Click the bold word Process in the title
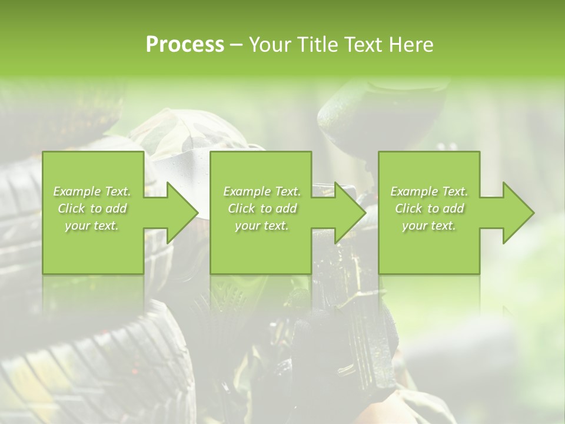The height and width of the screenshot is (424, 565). point(185,44)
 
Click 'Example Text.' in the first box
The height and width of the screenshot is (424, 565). point(92,191)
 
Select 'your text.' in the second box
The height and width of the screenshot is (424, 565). point(261,226)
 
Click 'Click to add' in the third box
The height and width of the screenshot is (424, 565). point(430,208)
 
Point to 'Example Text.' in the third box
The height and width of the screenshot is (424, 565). point(429,191)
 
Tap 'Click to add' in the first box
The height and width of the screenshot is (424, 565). point(92,208)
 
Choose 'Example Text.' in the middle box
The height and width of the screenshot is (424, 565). point(262,191)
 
